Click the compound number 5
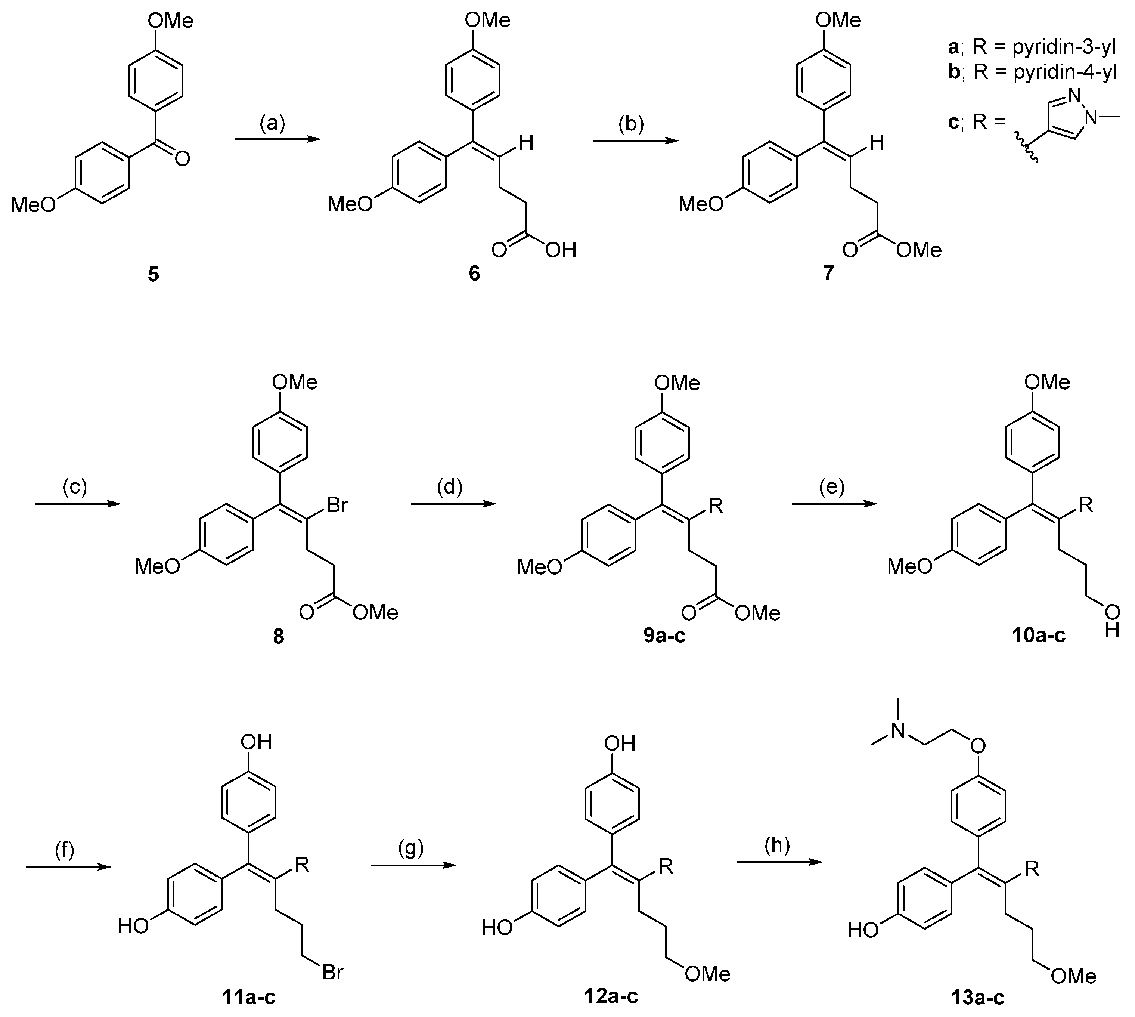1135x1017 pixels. coord(153,274)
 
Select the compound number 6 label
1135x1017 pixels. coord(474,274)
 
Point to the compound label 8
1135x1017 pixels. coord(278,636)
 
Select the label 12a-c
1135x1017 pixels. coord(611,996)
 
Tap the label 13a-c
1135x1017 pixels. coord(977,997)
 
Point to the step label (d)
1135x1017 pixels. coord(450,487)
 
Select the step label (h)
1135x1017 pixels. coord(777,846)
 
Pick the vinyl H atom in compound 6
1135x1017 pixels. coord(526,143)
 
